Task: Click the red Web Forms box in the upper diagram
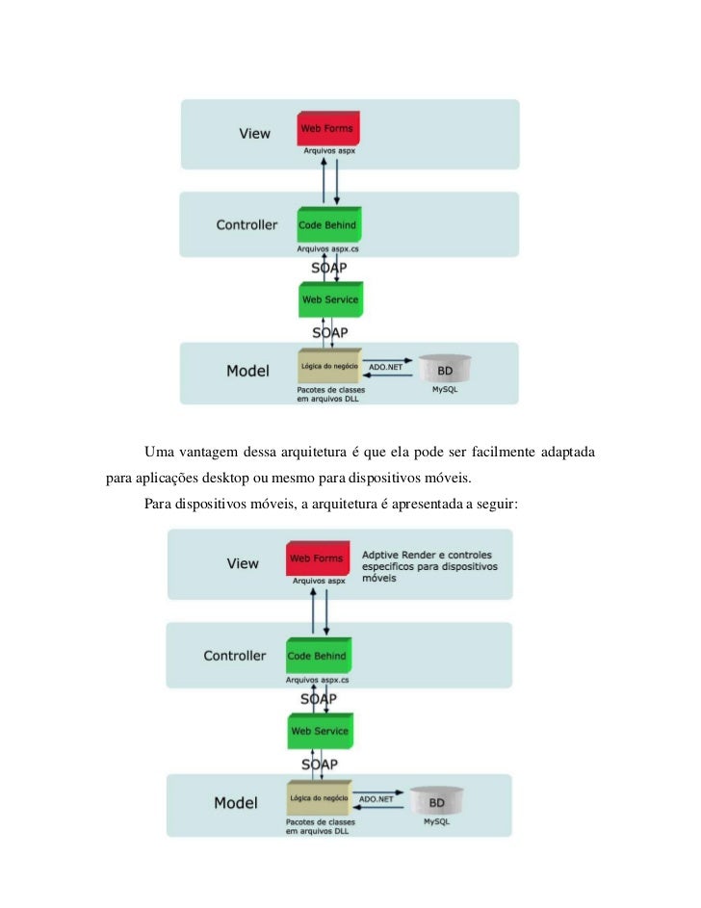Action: tap(326, 128)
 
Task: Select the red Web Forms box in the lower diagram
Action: tap(317, 558)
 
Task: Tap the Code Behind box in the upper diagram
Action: tap(327, 225)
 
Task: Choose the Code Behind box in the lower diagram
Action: tap(316, 656)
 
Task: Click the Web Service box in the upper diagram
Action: tap(329, 299)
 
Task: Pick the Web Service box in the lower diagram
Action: tap(319, 732)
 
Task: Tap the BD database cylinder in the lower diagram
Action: tap(435, 802)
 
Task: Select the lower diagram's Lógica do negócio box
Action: tap(317, 799)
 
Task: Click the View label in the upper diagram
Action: tap(255, 134)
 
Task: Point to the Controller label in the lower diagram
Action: tap(234, 656)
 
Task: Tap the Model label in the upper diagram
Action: tap(247, 371)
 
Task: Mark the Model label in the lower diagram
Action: tap(235, 802)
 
